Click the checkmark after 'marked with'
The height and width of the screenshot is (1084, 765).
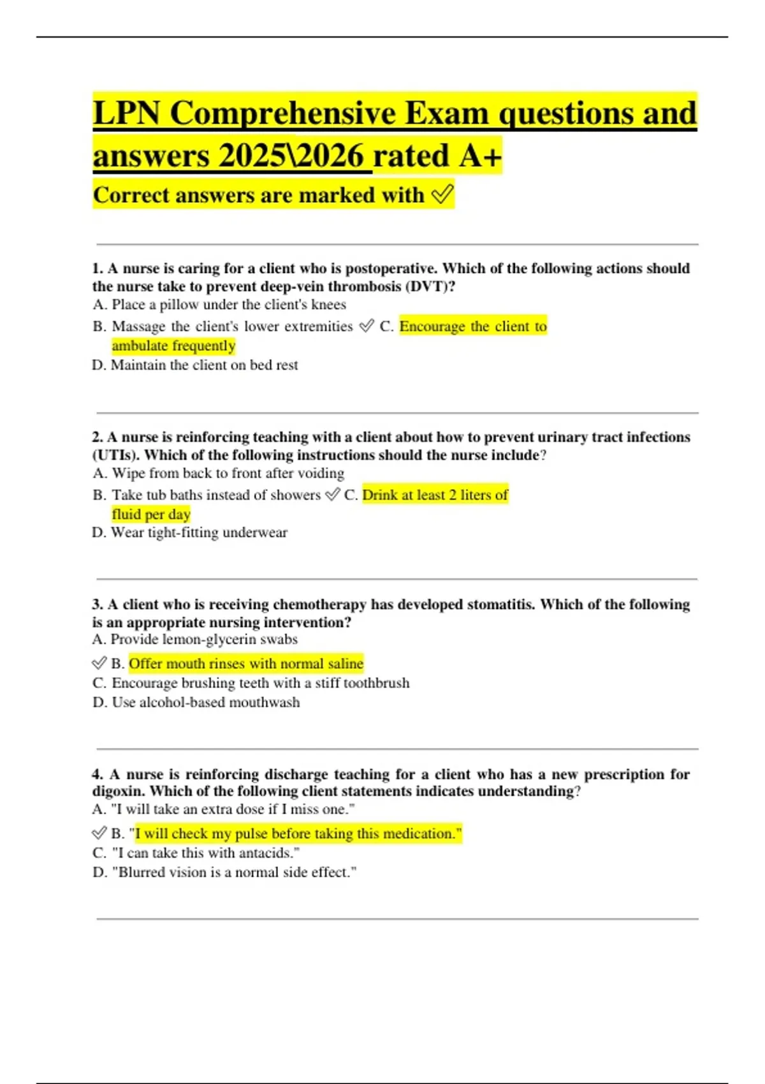pos(442,194)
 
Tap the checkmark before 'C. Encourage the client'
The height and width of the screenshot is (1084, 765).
pos(366,326)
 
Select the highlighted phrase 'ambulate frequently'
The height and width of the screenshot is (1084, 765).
pos(173,346)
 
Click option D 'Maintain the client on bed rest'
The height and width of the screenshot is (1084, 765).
pos(195,365)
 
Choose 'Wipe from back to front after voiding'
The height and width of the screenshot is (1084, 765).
pos(219,473)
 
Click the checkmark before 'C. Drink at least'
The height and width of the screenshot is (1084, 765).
pos(332,495)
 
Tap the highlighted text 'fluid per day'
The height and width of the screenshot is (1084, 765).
pos(151,514)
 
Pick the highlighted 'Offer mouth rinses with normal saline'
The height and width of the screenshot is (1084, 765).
pos(246,664)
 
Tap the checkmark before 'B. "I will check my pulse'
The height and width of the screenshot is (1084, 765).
pos(99,833)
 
